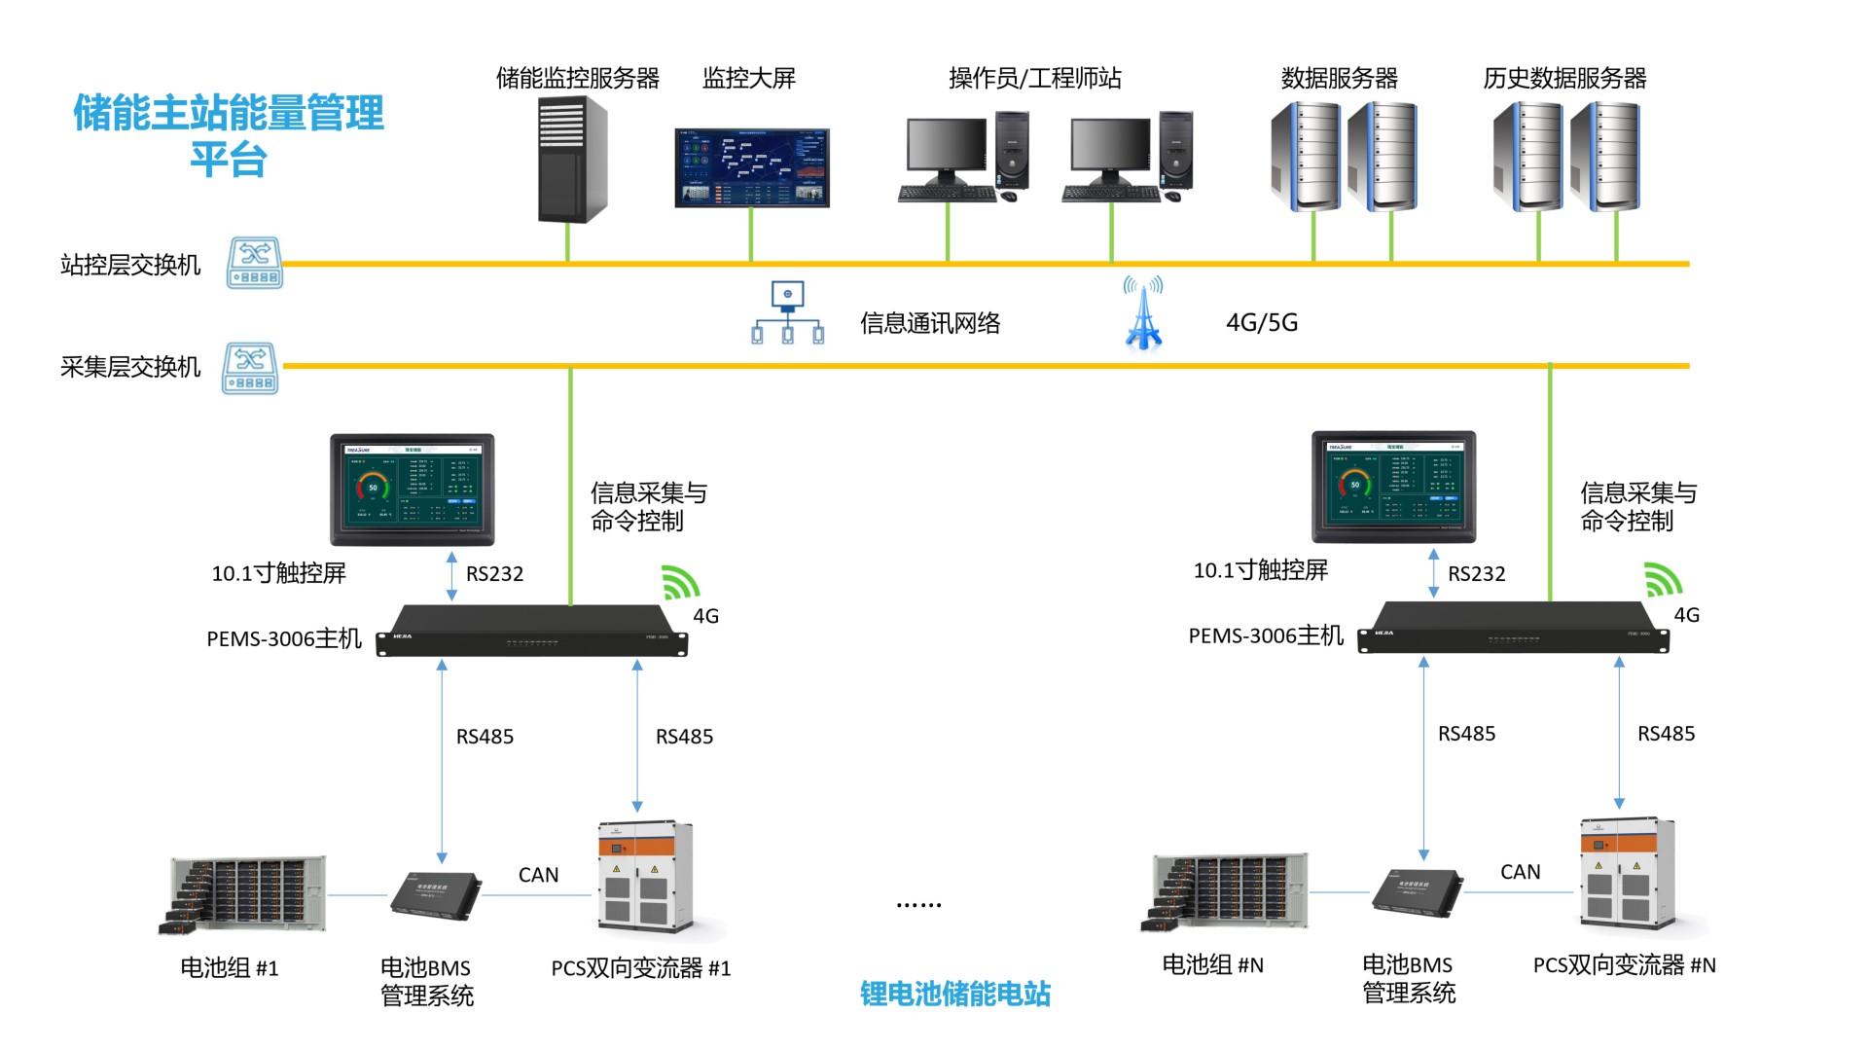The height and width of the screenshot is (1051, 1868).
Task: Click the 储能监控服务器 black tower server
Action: click(x=573, y=161)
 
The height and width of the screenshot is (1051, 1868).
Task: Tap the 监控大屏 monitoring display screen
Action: click(x=752, y=167)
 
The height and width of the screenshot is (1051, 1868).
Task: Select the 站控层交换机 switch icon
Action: click(x=255, y=263)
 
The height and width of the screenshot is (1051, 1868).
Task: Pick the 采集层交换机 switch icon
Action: click(x=251, y=368)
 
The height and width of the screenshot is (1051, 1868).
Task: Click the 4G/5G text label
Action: click(x=1262, y=323)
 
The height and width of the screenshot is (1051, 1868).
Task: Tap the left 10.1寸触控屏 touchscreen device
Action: click(x=413, y=489)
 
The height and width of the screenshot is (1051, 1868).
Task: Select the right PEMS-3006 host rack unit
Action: click(x=1513, y=628)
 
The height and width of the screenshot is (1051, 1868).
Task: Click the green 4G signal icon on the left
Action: click(x=680, y=582)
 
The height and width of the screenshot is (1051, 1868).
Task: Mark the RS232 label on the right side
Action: click(x=1476, y=574)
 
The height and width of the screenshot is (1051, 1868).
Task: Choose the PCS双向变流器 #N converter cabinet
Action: click(x=1628, y=873)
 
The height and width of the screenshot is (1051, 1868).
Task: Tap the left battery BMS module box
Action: click(x=435, y=893)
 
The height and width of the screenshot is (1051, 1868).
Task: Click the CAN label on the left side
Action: click(x=538, y=875)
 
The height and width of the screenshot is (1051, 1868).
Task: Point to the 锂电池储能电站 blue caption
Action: click(x=955, y=994)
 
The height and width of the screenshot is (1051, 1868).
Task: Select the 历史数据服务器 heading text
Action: click(x=1564, y=78)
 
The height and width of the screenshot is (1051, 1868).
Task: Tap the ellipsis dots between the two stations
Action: click(x=918, y=905)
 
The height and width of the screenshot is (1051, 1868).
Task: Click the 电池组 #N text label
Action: click(x=1212, y=965)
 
